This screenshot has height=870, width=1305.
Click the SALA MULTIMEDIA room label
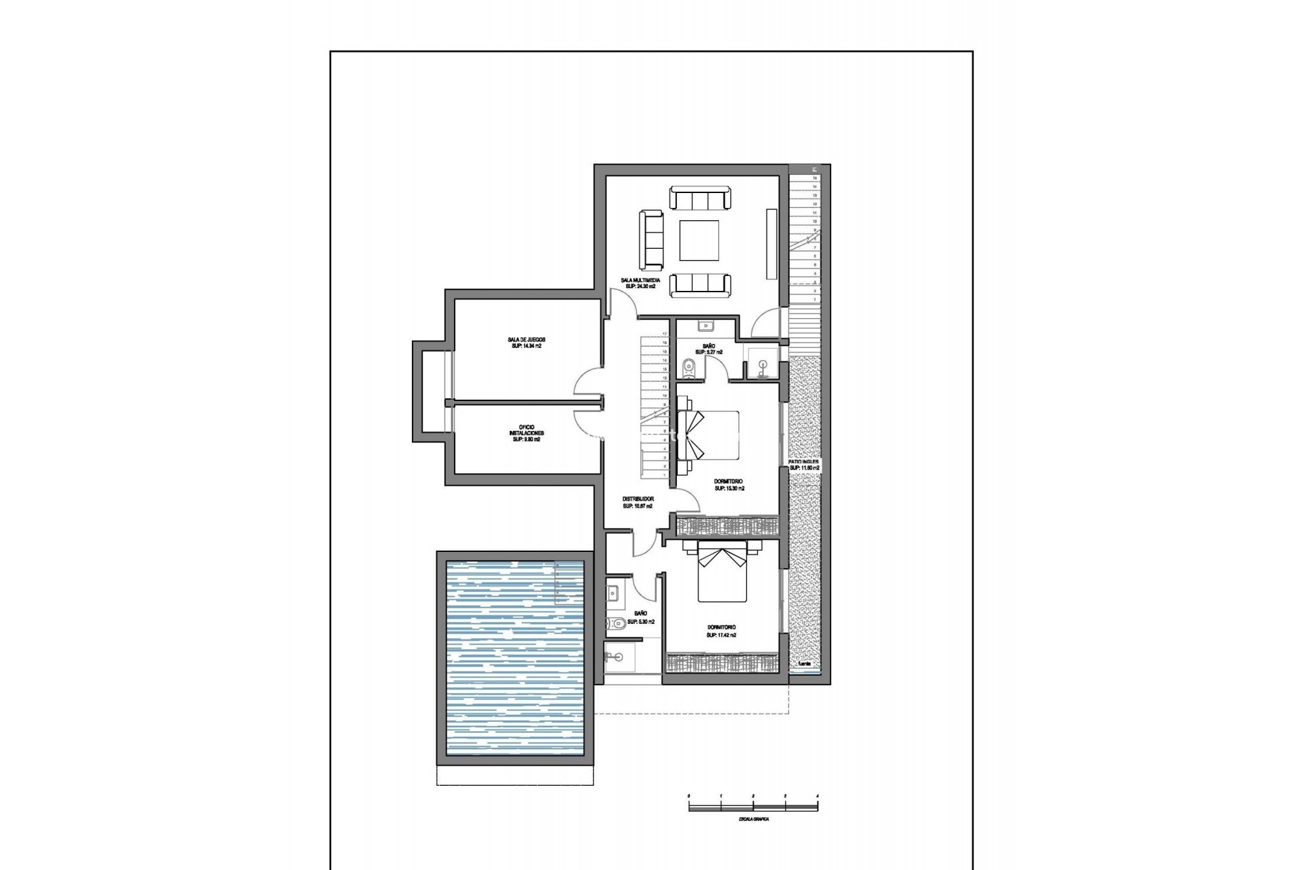pos(640,280)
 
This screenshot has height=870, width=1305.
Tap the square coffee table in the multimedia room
pos(699,241)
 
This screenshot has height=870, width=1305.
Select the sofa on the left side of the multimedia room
pos(651,239)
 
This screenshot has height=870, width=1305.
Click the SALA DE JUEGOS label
pos(526,340)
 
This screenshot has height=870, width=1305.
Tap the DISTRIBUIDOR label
pos(638,499)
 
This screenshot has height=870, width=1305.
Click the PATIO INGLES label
pos(804,462)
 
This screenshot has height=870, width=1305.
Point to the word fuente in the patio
pos(804,663)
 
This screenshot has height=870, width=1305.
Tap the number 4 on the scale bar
pos(817,795)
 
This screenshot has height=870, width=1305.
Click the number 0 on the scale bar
pos(689,795)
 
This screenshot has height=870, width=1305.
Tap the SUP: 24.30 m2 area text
pos(640,287)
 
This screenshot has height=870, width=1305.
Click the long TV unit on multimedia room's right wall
pos(771,243)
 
